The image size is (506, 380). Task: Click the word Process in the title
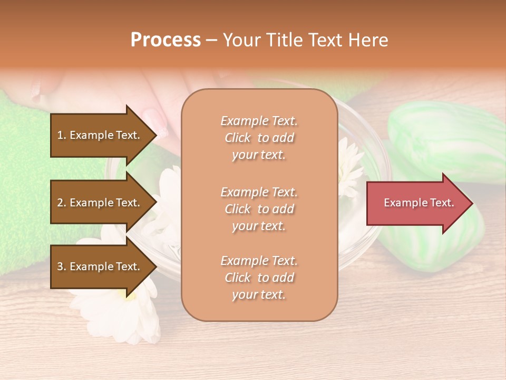coord(166,40)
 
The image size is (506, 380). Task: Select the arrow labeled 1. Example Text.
coord(100,135)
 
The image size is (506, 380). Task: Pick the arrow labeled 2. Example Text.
coord(100,203)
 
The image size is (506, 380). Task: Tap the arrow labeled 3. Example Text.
coord(100,267)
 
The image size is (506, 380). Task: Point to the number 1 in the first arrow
coord(60,135)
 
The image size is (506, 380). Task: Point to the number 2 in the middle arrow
coord(60,203)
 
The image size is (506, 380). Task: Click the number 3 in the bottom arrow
coord(60,267)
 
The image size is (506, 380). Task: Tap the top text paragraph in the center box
coord(259,138)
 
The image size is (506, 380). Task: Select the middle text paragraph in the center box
coord(259,209)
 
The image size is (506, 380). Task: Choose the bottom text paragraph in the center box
coord(259,278)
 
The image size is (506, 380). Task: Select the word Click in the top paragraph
coord(238,138)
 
